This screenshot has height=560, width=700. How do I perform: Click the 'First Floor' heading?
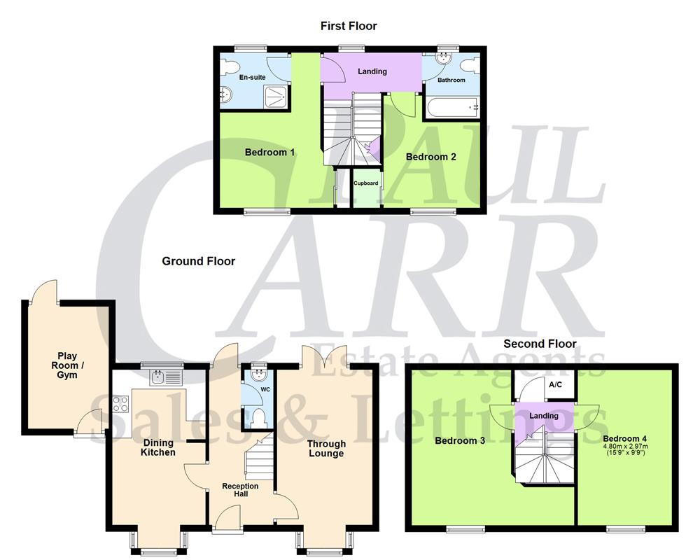[x=349, y=26]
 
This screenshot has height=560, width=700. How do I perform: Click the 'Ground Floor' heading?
[x=199, y=261]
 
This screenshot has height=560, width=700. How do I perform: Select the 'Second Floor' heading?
[x=540, y=344]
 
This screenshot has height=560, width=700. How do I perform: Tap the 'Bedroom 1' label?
[x=269, y=153]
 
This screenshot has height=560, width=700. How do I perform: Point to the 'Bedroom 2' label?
[x=431, y=157]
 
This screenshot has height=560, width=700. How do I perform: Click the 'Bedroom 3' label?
[x=460, y=441]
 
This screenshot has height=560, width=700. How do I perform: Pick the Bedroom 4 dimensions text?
[x=626, y=449]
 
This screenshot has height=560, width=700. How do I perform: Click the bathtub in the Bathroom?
[x=451, y=107]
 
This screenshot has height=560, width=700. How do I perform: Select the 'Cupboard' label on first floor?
[x=365, y=183]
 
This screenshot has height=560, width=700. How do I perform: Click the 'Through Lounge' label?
[x=326, y=448]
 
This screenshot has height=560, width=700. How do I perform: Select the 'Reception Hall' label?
[x=240, y=490]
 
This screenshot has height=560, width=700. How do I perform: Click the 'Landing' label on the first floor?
[x=372, y=71]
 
